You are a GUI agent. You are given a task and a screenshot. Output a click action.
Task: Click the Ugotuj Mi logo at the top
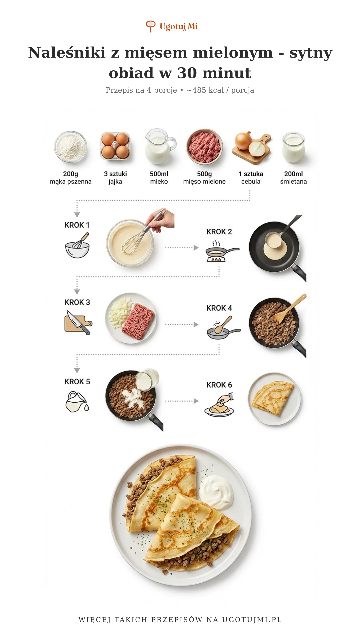pyautogui.click(x=172, y=26)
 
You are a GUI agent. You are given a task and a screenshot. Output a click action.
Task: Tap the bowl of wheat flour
pyautogui.click(x=71, y=147)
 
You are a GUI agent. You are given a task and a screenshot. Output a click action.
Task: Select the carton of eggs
pyautogui.click(x=115, y=146)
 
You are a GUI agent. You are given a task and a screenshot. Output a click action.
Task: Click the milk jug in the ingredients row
pyautogui.click(x=160, y=147)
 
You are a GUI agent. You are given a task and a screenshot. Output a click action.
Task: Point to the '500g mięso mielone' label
pyautogui.click(x=204, y=178)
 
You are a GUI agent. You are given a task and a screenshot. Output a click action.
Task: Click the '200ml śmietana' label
pyautogui.click(x=293, y=178)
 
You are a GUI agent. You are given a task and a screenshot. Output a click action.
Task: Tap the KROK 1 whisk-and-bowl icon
pyautogui.click(x=77, y=245)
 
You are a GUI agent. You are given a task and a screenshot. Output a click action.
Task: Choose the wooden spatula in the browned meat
pyautogui.click(x=289, y=309)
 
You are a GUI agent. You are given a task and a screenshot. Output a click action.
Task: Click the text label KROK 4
pyautogui.click(x=219, y=308)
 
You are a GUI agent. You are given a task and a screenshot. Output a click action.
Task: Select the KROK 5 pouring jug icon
pyautogui.click(x=77, y=402)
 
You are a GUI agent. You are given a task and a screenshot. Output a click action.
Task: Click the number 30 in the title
pyautogui.click(x=187, y=73)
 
